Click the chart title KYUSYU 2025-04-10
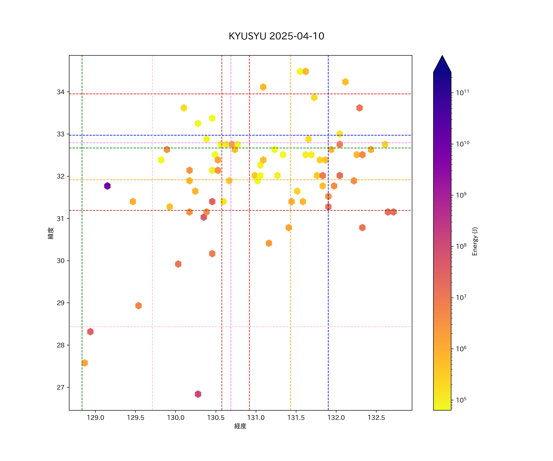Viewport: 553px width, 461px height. tap(276, 36)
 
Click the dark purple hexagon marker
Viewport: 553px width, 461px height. tap(107, 186)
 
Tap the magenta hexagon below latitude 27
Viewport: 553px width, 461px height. tap(198, 394)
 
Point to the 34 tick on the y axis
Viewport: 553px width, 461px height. tap(61, 92)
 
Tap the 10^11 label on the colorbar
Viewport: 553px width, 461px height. tap(462, 93)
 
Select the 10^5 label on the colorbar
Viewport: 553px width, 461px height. tap(461, 400)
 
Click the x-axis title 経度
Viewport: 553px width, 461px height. tap(240, 426)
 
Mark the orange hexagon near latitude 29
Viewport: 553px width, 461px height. tap(139, 306)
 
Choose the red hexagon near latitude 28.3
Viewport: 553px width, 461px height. tap(90, 332)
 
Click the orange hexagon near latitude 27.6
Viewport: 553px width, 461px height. tap(84, 363)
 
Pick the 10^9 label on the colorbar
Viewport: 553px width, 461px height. tap(461, 195)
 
